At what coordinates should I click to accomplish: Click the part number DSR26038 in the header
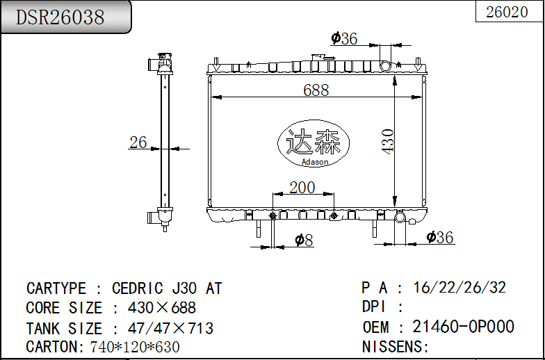click(60, 17)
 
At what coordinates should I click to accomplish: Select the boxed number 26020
click(507, 12)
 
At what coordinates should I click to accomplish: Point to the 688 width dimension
click(316, 90)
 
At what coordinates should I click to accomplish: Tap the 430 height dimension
click(387, 141)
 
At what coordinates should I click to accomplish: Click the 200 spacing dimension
click(302, 187)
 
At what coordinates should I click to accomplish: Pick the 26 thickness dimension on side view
click(138, 142)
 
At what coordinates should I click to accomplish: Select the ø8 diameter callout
click(304, 240)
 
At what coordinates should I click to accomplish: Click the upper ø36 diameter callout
click(344, 39)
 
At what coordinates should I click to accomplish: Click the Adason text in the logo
click(315, 162)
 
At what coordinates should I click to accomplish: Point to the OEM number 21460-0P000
click(463, 327)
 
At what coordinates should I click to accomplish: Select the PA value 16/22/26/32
click(459, 288)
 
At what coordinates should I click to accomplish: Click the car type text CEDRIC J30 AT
click(167, 288)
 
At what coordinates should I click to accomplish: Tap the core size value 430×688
click(162, 308)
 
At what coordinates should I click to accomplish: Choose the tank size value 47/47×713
click(170, 328)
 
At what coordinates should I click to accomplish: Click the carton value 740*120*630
click(135, 347)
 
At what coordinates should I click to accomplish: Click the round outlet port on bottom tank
click(400, 218)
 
